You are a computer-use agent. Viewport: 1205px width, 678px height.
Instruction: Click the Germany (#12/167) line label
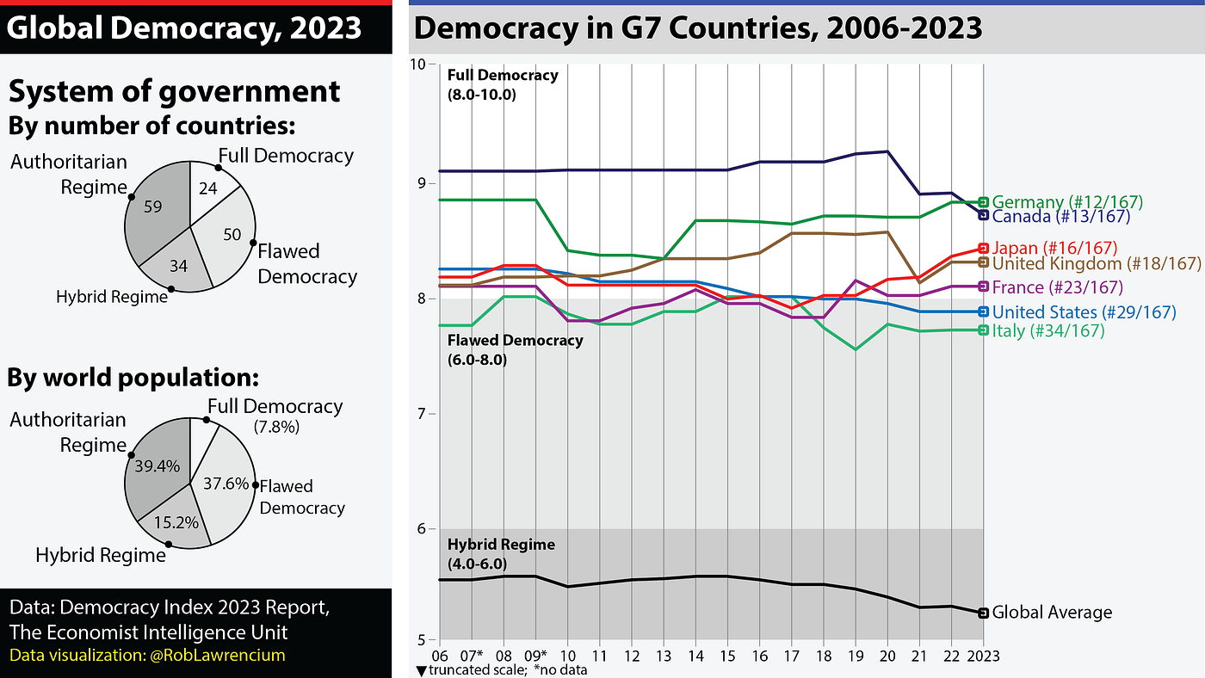(1067, 202)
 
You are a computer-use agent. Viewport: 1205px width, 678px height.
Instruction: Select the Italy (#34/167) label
(1048, 330)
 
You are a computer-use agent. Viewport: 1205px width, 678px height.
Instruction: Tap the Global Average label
(1052, 613)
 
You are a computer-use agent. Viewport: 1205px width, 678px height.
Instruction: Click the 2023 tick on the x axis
(984, 656)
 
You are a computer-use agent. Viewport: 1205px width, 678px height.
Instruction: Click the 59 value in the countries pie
(153, 206)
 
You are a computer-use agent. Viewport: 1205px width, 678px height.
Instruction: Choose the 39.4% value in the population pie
(157, 466)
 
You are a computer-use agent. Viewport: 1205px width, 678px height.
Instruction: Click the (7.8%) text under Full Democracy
(276, 426)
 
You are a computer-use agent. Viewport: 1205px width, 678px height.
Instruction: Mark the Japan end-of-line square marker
(984, 249)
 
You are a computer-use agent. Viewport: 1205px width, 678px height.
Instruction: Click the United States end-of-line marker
(984, 311)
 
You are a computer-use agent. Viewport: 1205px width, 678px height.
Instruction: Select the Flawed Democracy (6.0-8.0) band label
(515, 349)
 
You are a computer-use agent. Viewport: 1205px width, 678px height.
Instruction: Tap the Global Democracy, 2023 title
(185, 28)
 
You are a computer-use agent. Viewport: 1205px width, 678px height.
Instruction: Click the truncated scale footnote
(501, 670)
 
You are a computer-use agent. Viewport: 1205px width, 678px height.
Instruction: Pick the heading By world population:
(133, 378)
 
